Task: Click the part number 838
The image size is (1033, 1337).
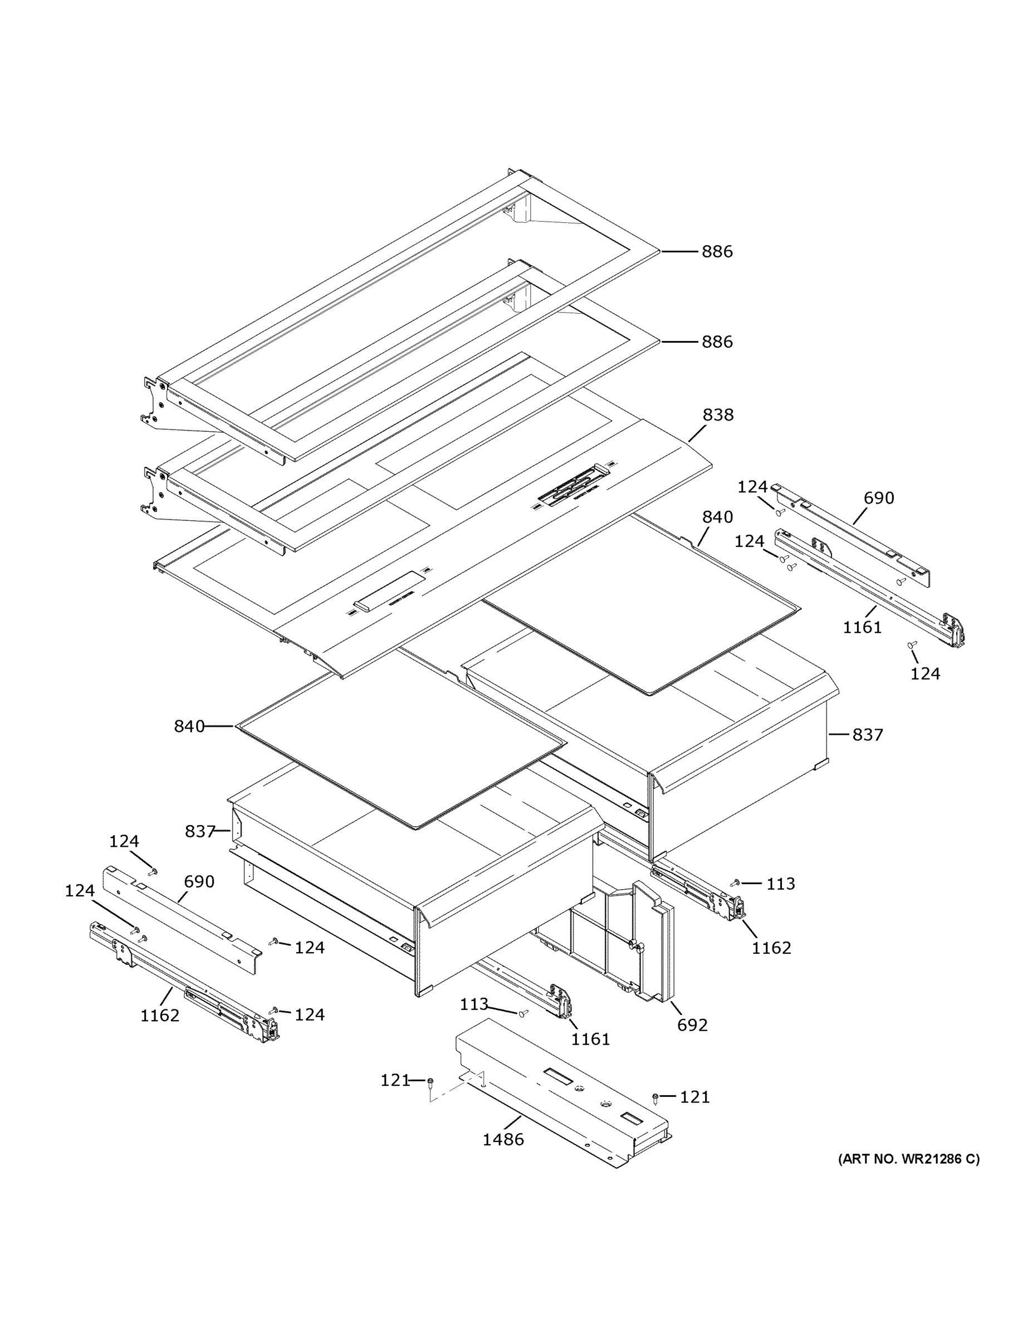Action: (x=717, y=414)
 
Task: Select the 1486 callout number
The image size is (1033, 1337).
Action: (x=503, y=1139)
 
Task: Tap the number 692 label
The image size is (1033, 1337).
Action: (x=692, y=1025)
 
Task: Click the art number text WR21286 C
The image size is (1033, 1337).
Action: (x=908, y=1159)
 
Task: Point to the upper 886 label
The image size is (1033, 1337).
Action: (x=717, y=252)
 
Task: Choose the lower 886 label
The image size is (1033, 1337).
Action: (x=717, y=341)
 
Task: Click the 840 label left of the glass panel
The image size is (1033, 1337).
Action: (x=189, y=726)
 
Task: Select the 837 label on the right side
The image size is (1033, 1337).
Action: (x=867, y=735)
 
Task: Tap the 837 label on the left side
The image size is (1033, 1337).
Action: (x=199, y=831)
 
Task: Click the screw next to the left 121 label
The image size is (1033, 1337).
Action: (x=431, y=1082)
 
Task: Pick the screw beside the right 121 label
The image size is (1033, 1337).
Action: (x=655, y=1097)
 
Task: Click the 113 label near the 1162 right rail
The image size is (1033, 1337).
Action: (x=780, y=884)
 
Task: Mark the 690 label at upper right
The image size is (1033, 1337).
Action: (x=879, y=499)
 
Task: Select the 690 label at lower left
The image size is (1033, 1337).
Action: (x=199, y=881)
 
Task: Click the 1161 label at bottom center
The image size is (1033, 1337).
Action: (x=590, y=1039)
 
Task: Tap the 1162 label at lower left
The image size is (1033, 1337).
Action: (x=160, y=1016)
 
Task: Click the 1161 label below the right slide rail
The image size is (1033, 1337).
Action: (x=862, y=627)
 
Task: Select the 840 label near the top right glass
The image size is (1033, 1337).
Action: (x=717, y=518)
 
